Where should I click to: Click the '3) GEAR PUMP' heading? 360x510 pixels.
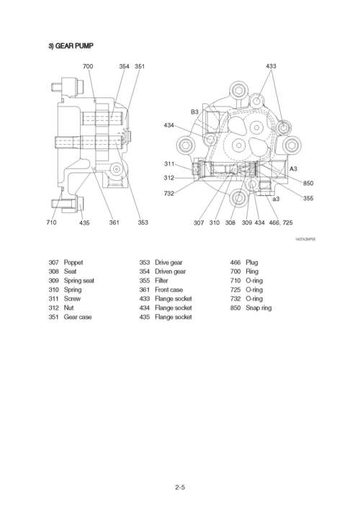point(71,46)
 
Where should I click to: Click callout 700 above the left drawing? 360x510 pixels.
point(88,66)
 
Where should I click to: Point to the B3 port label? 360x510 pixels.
point(194,112)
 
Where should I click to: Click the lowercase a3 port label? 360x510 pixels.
point(276,198)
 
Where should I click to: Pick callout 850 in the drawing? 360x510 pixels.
point(308,183)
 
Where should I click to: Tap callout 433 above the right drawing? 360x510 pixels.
point(271,66)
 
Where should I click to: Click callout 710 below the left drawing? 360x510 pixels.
point(51,223)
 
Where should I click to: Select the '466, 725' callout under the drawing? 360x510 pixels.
point(281,223)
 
